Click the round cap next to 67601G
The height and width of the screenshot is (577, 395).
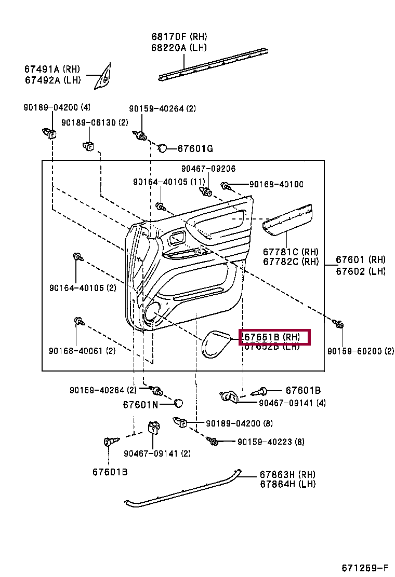tap(162, 148)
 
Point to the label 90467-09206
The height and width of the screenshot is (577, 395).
tap(208, 169)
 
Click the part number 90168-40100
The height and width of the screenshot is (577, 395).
tap(276, 184)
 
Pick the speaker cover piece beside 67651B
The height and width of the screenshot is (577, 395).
tap(215, 344)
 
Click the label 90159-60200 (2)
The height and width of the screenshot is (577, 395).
tap(360, 351)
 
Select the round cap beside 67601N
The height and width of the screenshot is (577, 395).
tap(178, 403)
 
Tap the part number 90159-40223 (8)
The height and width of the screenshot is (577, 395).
tap(271, 442)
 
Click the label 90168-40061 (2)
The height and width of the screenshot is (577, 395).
tap(82, 351)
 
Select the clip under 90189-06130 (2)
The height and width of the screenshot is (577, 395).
tap(88, 145)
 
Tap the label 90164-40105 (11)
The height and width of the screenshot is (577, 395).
tap(169, 182)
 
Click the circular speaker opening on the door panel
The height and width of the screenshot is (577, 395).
tap(152, 312)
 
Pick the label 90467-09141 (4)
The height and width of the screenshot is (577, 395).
tap(292, 403)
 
